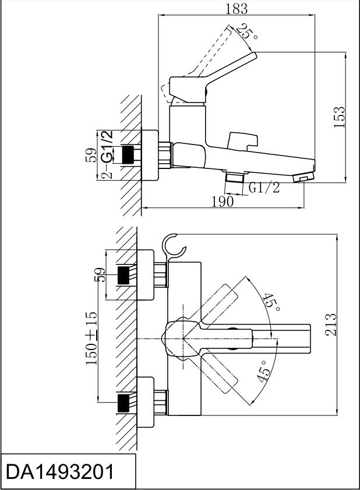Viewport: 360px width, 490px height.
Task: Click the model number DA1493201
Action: click(60, 471)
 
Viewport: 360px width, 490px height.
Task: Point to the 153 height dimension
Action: click(339, 117)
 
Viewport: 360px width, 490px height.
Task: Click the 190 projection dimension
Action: click(223, 202)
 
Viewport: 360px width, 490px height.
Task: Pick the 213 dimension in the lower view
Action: click(330, 325)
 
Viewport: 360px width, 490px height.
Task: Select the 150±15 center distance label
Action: click(91, 338)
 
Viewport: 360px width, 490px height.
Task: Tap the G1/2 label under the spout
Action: click(264, 188)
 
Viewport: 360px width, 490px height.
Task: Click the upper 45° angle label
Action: click(270, 302)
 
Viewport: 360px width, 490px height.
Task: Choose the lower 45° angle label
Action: click(263, 371)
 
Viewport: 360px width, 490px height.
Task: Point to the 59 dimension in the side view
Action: click(91, 155)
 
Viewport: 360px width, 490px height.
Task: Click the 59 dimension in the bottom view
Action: click(100, 274)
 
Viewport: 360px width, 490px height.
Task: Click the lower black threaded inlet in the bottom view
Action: click(123, 403)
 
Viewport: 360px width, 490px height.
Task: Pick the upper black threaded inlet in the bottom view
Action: click(123, 275)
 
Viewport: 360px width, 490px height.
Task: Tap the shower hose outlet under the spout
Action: click(235, 178)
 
